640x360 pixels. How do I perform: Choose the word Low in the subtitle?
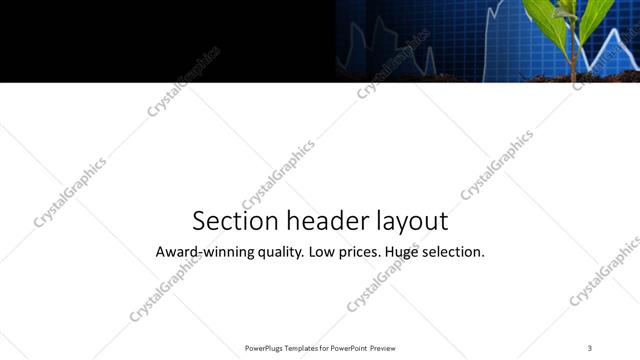pos(323,252)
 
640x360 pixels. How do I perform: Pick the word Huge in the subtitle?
pos(409,253)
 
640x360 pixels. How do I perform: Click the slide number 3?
pos(590,347)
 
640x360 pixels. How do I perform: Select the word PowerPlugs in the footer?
pos(266,348)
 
